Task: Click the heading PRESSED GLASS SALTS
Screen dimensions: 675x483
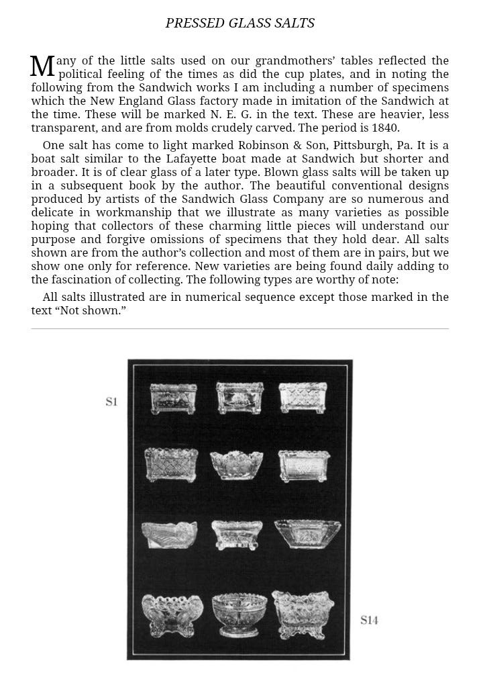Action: pos(239,24)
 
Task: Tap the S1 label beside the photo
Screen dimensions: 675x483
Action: pos(111,402)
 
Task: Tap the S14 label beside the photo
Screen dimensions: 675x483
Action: pos(369,620)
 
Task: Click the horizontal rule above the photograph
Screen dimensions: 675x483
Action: pos(239,328)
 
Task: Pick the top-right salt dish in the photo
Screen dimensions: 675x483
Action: pos(303,398)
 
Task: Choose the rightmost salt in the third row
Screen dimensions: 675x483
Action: pos(302,534)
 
